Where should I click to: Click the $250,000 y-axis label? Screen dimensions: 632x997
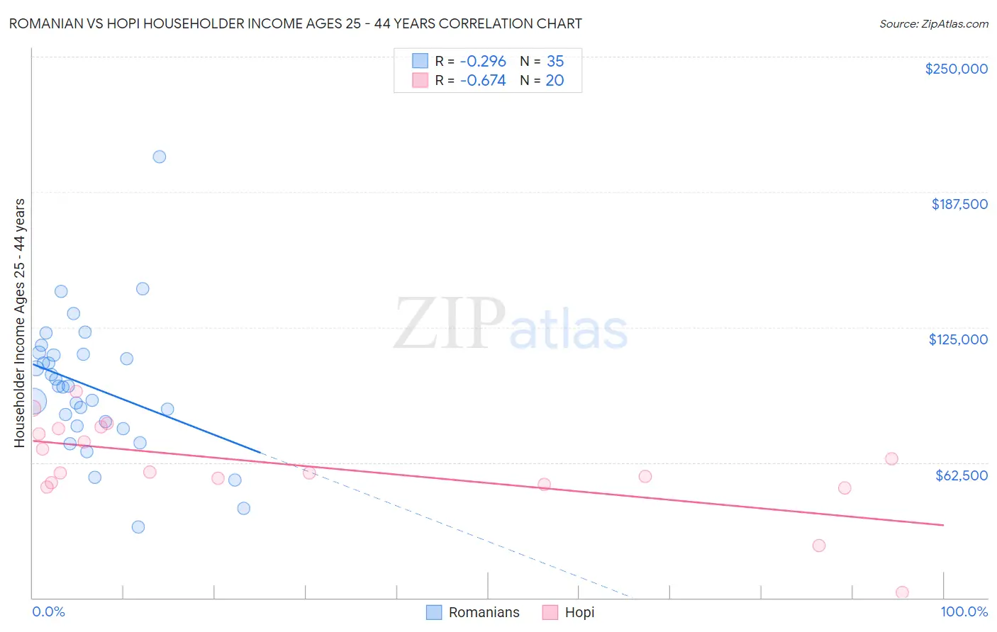click(x=956, y=69)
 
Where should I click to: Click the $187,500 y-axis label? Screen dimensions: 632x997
click(x=959, y=204)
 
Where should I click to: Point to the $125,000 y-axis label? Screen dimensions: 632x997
click(x=958, y=339)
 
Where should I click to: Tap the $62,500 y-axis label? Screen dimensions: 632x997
click(x=961, y=475)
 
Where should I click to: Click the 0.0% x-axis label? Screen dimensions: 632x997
click(x=48, y=611)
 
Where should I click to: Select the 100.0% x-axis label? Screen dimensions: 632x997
click(x=964, y=611)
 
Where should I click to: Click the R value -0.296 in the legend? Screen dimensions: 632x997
click(x=483, y=62)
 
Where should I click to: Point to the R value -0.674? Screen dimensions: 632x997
click(x=483, y=81)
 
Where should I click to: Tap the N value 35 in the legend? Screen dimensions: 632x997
click(x=555, y=62)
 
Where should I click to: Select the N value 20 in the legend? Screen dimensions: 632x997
click(x=555, y=81)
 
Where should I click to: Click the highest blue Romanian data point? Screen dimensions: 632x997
click(x=160, y=157)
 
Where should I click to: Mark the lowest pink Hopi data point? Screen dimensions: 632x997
click(x=902, y=592)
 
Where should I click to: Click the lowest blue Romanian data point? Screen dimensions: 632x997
click(x=138, y=527)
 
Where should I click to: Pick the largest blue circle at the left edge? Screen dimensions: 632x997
click(x=33, y=402)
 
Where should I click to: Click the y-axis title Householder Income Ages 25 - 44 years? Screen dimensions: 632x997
click(x=19, y=323)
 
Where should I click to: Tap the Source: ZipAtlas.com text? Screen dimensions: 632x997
click(x=933, y=24)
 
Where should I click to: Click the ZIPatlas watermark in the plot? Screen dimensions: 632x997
click(x=511, y=325)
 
